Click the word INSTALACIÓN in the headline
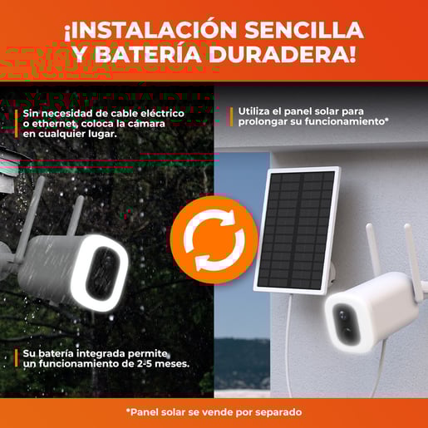150,29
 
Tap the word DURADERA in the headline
283,54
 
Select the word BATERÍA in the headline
148,53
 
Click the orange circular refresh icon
214,240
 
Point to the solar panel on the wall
297,229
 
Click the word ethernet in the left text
54,124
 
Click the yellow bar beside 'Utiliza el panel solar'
231,116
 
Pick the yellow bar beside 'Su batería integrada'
17,358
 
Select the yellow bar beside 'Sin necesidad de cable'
17,124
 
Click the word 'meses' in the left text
172,364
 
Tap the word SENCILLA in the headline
304,29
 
